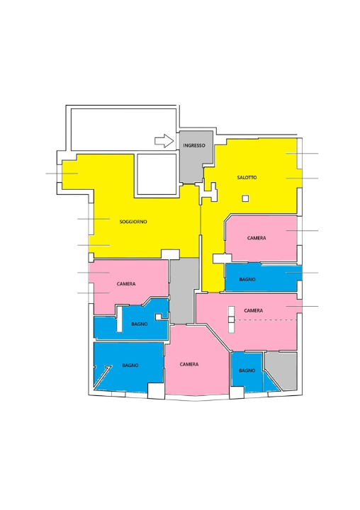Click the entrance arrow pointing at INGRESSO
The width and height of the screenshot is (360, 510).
click(164, 141)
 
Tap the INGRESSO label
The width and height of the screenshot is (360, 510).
click(194, 145)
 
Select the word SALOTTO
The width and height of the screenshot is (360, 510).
click(247, 177)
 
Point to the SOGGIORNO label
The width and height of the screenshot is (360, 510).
click(133, 222)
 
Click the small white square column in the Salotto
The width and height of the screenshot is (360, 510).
click(245, 198)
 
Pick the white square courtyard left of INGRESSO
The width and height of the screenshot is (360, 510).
click(157, 174)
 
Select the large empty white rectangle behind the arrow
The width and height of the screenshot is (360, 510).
click(124, 130)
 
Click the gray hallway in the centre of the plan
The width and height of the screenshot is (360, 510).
click(184, 290)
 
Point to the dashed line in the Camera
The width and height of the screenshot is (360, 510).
click(266, 320)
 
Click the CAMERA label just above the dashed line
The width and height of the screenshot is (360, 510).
click(253, 310)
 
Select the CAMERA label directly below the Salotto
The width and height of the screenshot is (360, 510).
click(257, 238)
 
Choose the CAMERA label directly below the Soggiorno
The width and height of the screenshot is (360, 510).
click(126, 283)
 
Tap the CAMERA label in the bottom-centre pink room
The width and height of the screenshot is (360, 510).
click(189, 364)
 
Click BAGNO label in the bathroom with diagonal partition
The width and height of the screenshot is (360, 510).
click(130, 365)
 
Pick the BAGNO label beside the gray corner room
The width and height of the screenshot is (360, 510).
click(247, 370)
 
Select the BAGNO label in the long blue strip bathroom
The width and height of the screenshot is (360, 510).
click(247, 279)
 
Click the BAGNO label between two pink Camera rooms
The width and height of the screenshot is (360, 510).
click(140, 324)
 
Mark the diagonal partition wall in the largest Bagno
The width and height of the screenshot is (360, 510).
click(103, 378)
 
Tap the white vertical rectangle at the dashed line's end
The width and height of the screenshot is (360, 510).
click(231, 319)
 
